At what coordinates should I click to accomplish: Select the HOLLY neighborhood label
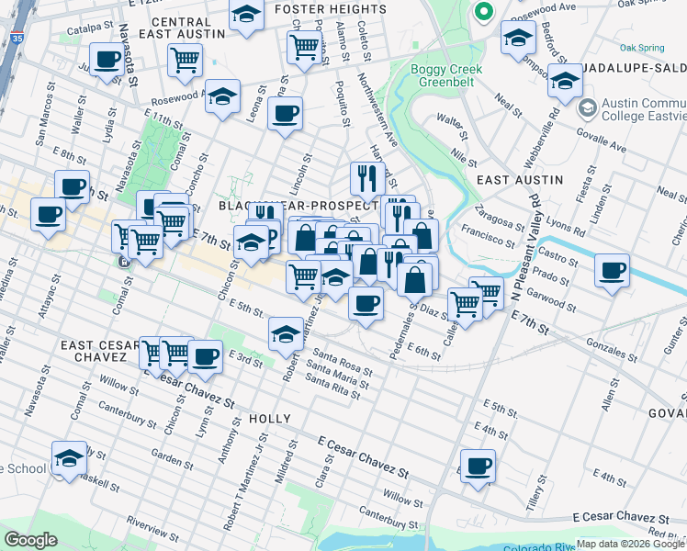coord(270,419)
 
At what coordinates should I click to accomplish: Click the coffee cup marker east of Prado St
coord(613,271)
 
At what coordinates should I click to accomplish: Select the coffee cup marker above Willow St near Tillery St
coord(477,466)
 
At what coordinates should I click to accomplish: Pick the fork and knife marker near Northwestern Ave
coord(365,177)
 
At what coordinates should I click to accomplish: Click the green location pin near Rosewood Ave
coord(482,13)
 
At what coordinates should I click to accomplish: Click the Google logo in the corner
coord(31,540)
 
